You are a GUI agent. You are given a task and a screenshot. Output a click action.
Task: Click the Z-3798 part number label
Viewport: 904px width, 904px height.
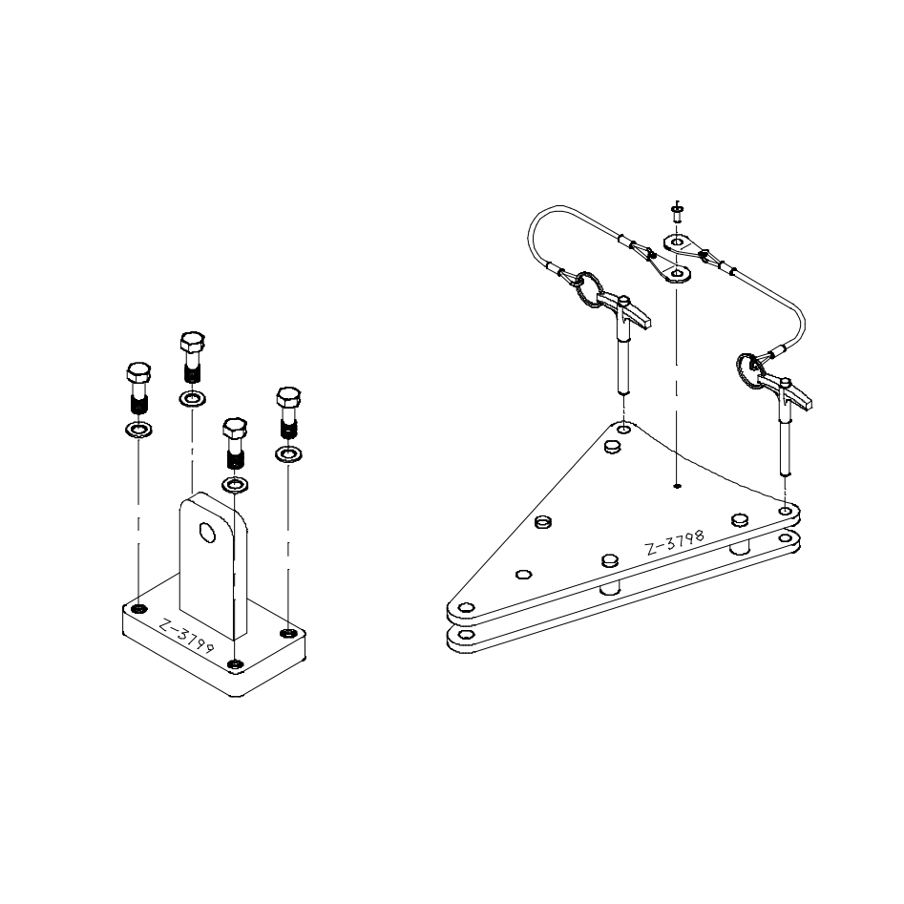[x=675, y=542]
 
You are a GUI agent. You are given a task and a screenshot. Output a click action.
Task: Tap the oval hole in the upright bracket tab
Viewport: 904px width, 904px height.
[x=206, y=532]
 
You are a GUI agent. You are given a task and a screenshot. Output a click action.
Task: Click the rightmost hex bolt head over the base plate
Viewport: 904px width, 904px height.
[x=289, y=397]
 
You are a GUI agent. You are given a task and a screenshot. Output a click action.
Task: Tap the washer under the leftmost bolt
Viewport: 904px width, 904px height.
[x=138, y=430]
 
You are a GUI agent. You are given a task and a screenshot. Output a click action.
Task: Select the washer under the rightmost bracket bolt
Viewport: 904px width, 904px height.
[x=289, y=454]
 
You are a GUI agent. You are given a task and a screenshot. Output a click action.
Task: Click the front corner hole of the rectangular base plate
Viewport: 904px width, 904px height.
[x=234, y=664]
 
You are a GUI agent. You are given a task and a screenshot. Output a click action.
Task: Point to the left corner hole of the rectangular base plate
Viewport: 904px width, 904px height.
[x=139, y=609]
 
